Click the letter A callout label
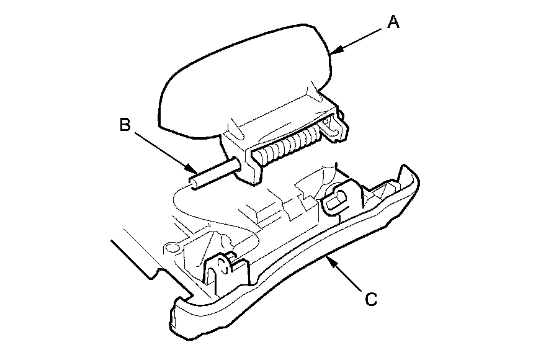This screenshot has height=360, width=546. (x=393, y=22)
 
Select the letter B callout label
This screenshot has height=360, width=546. (x=125, y=125)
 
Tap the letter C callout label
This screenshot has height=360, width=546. (x=370, y=299)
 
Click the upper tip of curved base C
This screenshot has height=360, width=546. (x=407, y=173)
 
